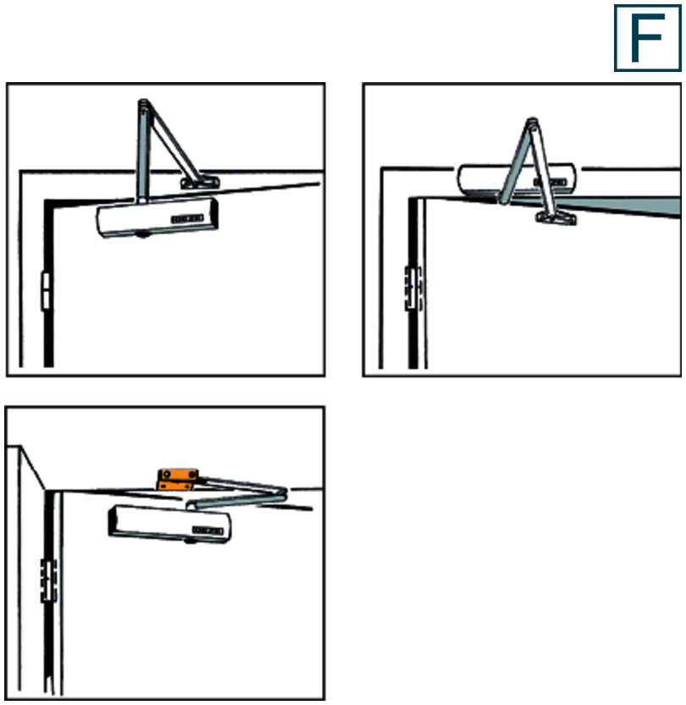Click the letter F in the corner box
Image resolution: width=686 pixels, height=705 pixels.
(x=646, y=38)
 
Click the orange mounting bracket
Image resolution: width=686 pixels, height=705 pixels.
(x=178, y=479)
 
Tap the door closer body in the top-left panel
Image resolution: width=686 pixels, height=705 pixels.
(x=157, y=218)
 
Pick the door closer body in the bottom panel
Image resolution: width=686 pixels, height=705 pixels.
(x=169, y=523)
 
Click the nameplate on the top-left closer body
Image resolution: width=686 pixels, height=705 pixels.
(x=187, y=219)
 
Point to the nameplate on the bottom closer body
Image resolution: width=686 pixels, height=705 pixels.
(x=207, y=531)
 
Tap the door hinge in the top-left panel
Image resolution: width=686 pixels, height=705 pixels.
(x=45, y=291)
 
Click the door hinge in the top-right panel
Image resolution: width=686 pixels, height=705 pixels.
(x=413, y=289)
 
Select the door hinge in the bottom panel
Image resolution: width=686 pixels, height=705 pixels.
(x=48, y=580)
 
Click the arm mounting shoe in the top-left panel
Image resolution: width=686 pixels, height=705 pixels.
(x=200, y=183)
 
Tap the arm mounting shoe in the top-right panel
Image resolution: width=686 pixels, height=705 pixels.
(x=556, y=218)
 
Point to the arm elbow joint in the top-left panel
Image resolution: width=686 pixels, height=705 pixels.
(x=143, y=105)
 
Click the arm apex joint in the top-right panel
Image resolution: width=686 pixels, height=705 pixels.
(x=532, y=124)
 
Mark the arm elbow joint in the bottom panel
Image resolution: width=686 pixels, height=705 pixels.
(x=280, y=493)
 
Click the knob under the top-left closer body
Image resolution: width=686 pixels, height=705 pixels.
(x=142, y=234)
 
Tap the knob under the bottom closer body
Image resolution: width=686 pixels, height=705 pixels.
(x=191, y=542)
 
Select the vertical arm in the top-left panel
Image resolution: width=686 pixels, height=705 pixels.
(x=142, y=151)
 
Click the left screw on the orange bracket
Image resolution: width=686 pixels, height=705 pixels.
(x=167, y=474)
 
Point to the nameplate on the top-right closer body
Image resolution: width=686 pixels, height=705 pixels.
(x=550, y=182)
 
